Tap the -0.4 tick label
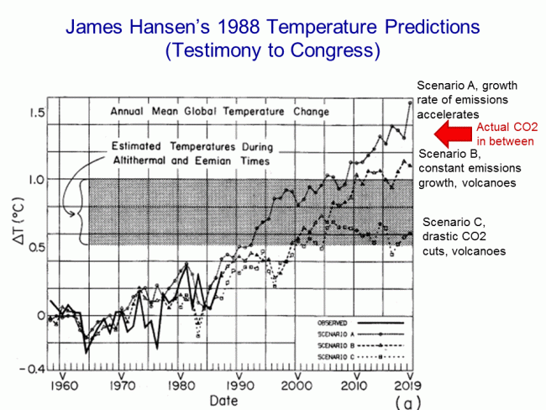[30, 368]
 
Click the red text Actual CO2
[503, 127]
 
